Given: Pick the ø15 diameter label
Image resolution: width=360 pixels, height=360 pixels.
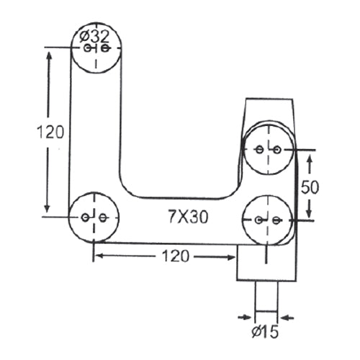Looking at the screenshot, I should click(267, 333).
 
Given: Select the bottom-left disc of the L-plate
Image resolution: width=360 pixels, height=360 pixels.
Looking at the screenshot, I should click(94, 217).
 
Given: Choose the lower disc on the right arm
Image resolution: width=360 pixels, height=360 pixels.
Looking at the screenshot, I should click(266, 220).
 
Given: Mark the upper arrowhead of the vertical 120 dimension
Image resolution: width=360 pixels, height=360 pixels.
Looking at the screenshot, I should click(49, 55).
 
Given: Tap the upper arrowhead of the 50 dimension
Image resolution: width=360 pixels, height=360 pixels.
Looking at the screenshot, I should click(310, 156).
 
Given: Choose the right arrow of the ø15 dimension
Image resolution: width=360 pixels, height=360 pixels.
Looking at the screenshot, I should click(285, 316).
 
